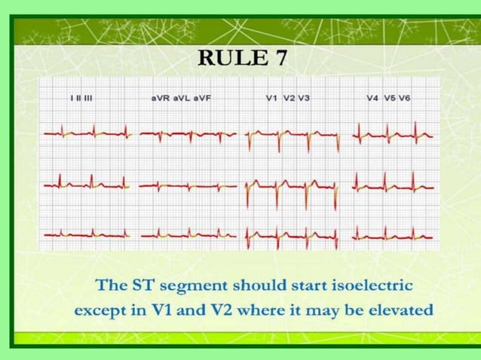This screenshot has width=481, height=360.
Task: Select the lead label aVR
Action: [x=161, y=98]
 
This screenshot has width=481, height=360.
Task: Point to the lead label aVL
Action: [x=181, y=98]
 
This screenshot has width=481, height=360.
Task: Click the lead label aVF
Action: [x=201, y=98]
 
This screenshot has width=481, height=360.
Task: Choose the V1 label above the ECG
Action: [x=272, y=98]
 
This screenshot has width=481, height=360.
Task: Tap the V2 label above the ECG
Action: [x=289, y=98]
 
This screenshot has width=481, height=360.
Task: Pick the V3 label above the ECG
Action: [x=304, y=98]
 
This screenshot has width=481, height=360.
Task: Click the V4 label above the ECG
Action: [x=373, y=98]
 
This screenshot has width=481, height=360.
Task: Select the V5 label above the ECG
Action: [x=390, y=98]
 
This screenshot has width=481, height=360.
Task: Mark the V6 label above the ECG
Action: [x=406, y=98]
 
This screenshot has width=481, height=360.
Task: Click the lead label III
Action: [x=87, y=98]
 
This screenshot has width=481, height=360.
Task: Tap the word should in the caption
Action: [x=258, y=286]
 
